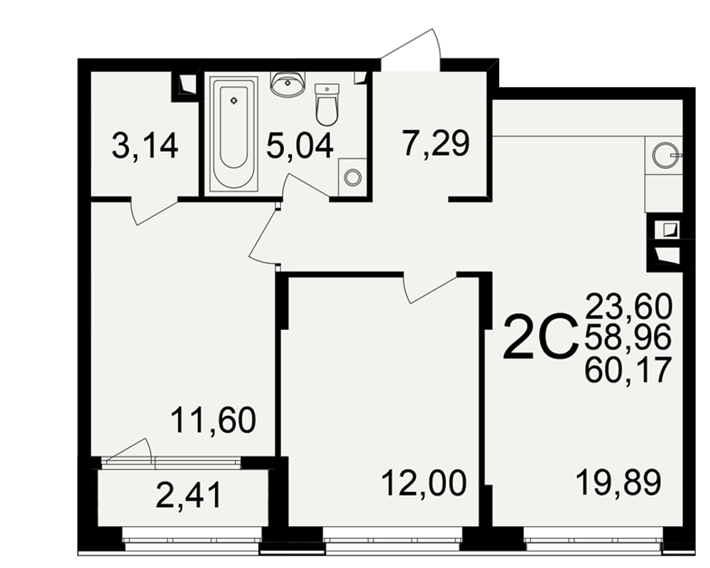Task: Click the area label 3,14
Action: pos(145,146)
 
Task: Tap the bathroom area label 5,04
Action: pos(300,146)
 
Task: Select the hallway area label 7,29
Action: pos(436,143)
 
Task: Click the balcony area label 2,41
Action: pos(188,495)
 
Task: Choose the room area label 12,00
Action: pos(424,483)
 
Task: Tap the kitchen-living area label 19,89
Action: pos(618,482)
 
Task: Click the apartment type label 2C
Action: pos(540,337)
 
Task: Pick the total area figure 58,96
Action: pos(628,337)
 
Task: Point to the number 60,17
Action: pos(628,369)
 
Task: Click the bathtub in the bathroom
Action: pos(234,134)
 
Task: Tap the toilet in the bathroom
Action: pos(327,104)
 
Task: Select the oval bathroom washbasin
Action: pos(287,84)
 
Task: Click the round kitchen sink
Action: pos(665,155)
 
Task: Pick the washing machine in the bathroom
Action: pos(352,177)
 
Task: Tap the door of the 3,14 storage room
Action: pos(154,211)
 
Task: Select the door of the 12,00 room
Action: pos(430,288)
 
